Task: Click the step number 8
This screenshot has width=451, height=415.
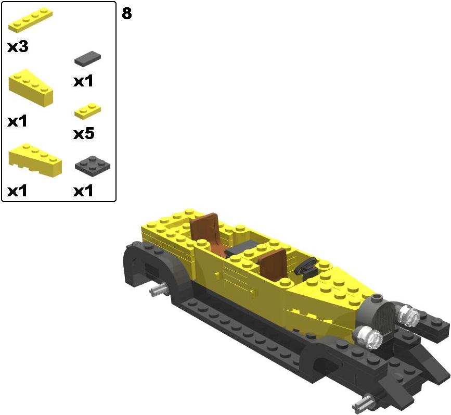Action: (x=127, y=13)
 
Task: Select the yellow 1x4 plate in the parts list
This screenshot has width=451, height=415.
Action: (x=31, y=20)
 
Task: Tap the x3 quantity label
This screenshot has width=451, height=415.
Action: (x=18, y=47)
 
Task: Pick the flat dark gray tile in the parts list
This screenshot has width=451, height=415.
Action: (x=88, y=59)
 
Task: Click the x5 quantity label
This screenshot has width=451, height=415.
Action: (x=84, y=134)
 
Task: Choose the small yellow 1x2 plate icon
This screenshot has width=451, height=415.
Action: (x=88, y=111)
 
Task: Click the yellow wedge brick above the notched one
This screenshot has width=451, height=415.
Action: (x=31, y=88)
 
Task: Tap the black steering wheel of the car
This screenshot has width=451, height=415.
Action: (x=305, y=266)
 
